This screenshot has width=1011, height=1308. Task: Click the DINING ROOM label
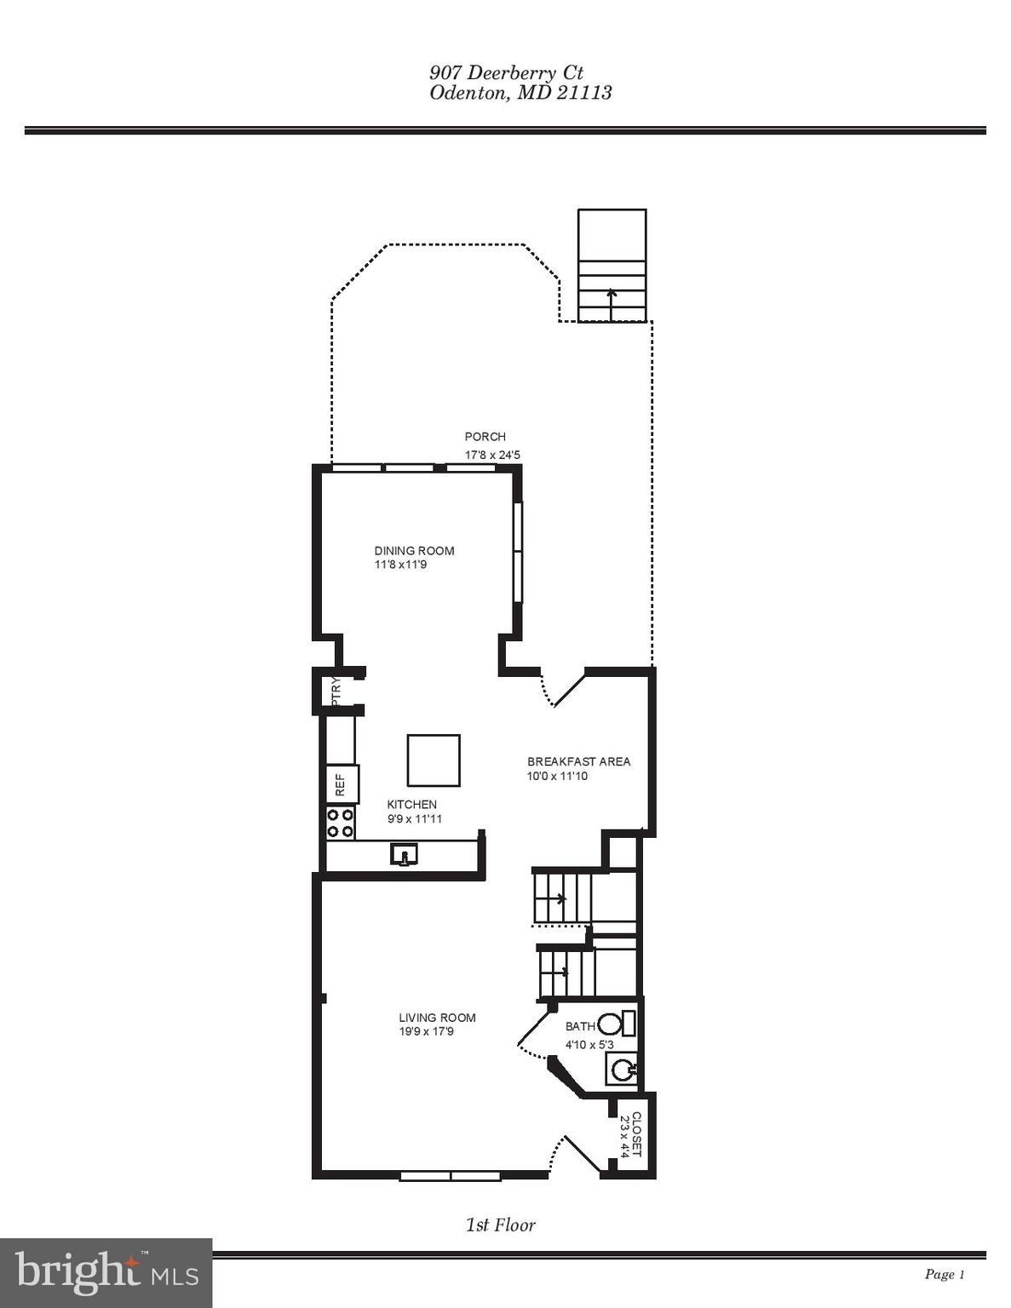click(x=414, y=551)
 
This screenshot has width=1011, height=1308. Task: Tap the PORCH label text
click(x=485, y=437)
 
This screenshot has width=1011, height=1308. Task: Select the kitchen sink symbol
click(x=405, y=853)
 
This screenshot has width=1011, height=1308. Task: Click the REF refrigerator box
click(x=342, y=783)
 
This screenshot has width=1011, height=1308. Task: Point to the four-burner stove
click(x=341, y=823)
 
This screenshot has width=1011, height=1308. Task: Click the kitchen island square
click(x=434, y=760)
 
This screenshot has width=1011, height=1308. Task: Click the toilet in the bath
click(x=614, y=1023)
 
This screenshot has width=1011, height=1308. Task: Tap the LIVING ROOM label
click(x=437, y=1018)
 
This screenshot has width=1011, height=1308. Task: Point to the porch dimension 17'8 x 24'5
click(x=492, y=456)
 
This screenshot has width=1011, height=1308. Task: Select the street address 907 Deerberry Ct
click(x=506, y=73)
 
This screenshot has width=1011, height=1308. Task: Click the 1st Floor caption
click(x=500, y=1225)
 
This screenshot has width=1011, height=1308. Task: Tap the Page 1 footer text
click(x=944, y=1274)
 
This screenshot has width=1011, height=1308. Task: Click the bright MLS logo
click(x=106, y=1273)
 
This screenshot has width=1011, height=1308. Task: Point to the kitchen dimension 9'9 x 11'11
click(x=414, y=819)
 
